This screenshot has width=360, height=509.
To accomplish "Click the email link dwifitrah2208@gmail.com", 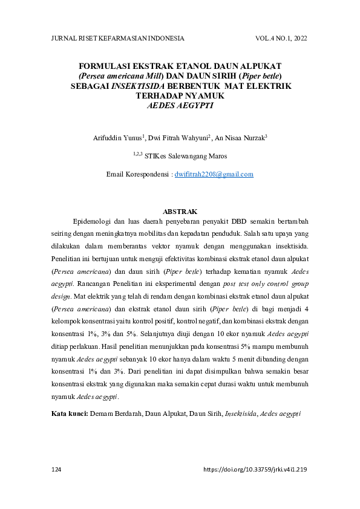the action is (x=214, y=174).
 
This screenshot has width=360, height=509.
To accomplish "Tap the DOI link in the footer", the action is (x=255, y=469).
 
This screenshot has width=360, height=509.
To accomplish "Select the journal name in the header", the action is (x=118, y=38).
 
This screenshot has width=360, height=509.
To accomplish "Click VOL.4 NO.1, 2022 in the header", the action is (x=281, y=38).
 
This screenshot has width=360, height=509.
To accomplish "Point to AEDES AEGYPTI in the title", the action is (x=180, y=105).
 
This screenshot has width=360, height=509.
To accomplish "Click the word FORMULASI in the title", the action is (x=106, y=66).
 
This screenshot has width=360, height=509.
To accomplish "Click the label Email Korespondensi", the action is (x=139, y=174).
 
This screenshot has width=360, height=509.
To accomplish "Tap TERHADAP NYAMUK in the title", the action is (x=180, y=96).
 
